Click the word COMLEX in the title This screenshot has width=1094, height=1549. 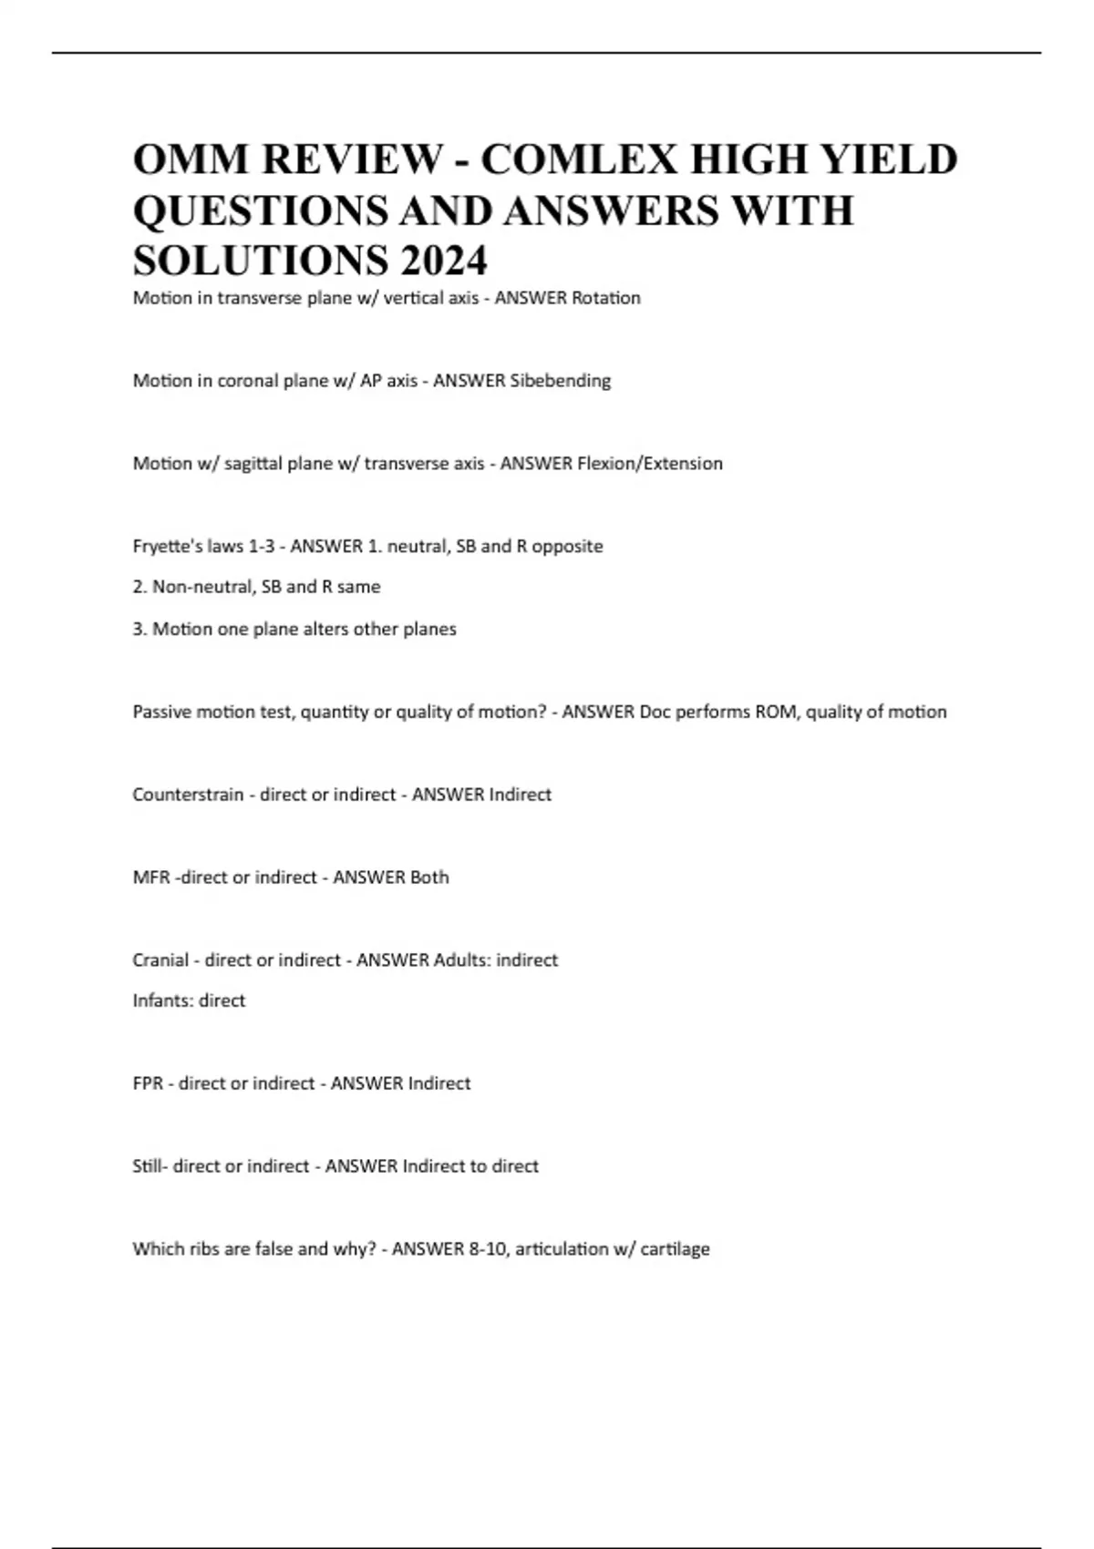(x=579, y=159)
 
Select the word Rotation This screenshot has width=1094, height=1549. (x=605, y=298)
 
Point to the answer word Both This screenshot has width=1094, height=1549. (x=429, y=877)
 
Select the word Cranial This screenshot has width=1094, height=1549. (x=160, y=960)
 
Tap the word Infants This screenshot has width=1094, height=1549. (x=162, y=1000)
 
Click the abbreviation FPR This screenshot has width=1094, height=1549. (x=148, y=1083)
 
